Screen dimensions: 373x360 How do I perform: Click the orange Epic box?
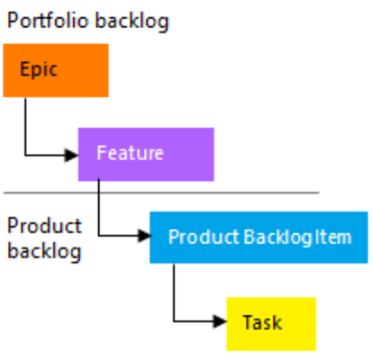tap(56, 70)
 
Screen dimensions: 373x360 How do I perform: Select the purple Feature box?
tap(146, 154)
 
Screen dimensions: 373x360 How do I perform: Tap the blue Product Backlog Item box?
tap(259, 238)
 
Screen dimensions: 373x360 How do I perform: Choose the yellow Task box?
tap(271, 324)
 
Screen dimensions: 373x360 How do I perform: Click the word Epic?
tap(39, 70)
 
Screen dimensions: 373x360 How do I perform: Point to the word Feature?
tap(130, 153)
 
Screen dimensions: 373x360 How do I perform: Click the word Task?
tap(262, 322)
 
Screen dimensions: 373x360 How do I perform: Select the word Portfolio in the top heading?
tap(48, 21)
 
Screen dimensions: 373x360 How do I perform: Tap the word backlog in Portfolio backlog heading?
tap(132, 22)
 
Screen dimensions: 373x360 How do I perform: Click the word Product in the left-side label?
tap(44, 226)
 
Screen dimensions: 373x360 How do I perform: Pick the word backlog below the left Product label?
tap(44, 251)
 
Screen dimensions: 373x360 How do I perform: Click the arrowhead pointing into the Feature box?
tap(71, 155)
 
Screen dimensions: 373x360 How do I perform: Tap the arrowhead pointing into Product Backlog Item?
tap(144, 236)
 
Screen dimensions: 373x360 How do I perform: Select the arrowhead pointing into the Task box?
tap(220, 321)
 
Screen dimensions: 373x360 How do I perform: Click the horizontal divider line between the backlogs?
tap(161, 193)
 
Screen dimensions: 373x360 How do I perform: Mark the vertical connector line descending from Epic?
tap(25, 126)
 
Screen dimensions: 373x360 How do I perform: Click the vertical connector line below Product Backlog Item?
tap(174, 292)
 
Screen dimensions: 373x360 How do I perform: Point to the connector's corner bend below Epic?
tap(25, 155)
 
